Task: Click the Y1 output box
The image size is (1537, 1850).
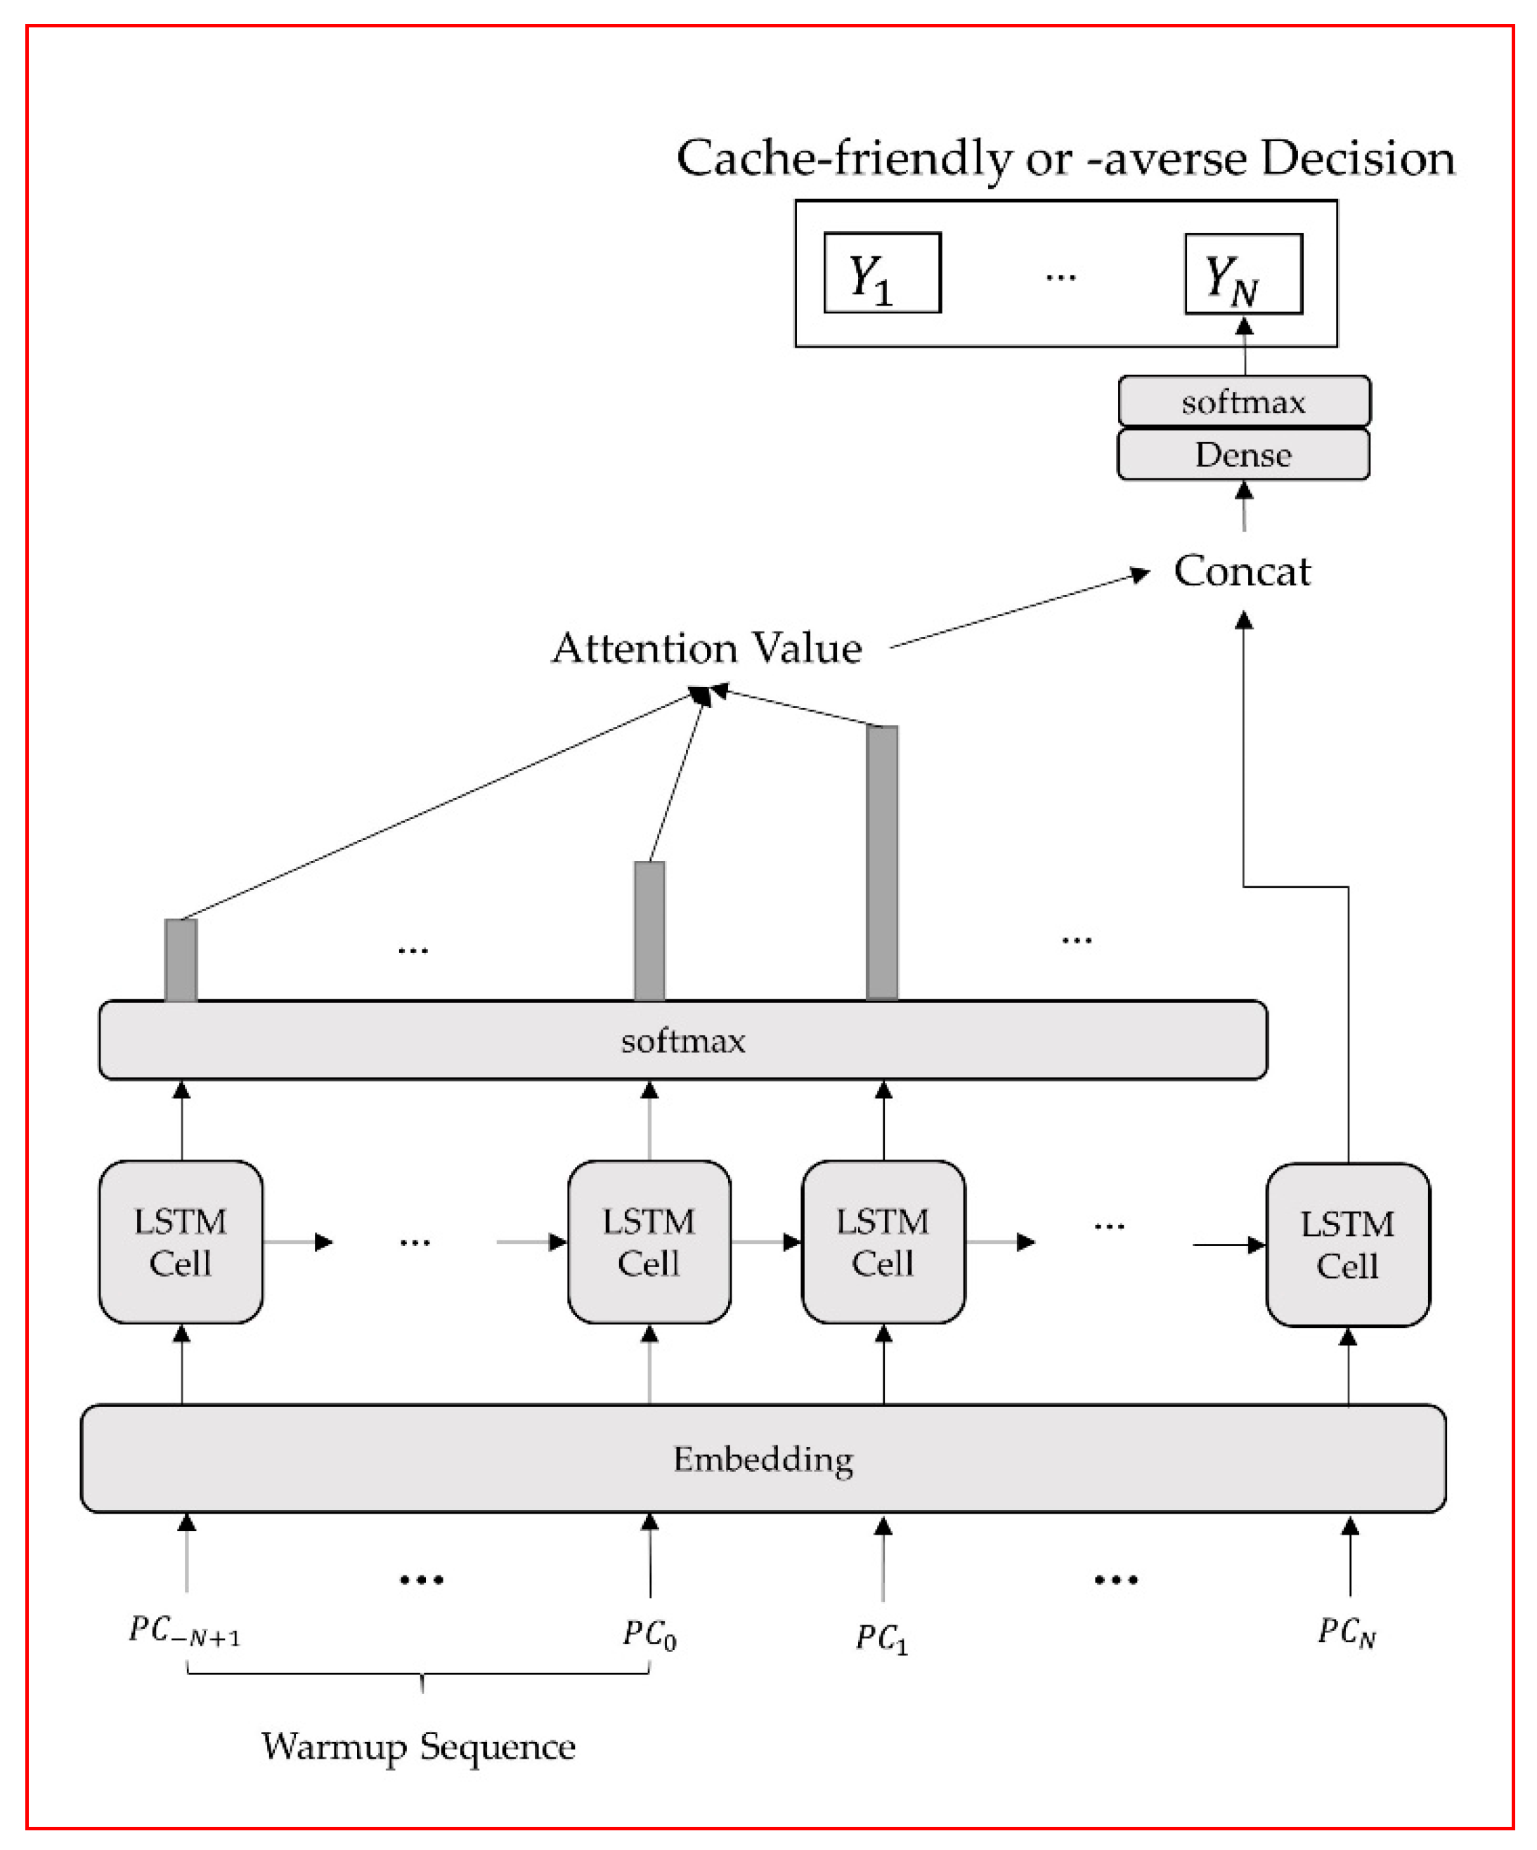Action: [x=881, y=273]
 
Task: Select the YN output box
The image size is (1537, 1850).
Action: [x=1243, y=274]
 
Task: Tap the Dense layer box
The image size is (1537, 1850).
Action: [x=1243, y=454]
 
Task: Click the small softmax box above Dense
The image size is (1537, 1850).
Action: [x=1243, y=402]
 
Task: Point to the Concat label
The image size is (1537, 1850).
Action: [x=1242, y=571]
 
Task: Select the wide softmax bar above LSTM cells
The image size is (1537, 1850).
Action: [x=683, y=1040]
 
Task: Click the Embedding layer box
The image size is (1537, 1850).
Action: [x=763, y=1459]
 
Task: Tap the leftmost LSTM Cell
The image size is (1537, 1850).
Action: [x=181, y=1242]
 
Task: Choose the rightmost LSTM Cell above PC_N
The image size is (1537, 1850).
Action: [x=1347, y=1245]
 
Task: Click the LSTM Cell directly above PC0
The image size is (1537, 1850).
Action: [x=649, y=1242]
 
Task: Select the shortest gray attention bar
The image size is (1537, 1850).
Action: [x=181, y=959]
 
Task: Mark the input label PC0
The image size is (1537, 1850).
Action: [x=649, y=1635]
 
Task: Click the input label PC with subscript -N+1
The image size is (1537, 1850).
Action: [x=183, y=1632]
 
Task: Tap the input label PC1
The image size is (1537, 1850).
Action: [x=881, y=1639]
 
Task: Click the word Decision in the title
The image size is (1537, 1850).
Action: [x=1357, y=159]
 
